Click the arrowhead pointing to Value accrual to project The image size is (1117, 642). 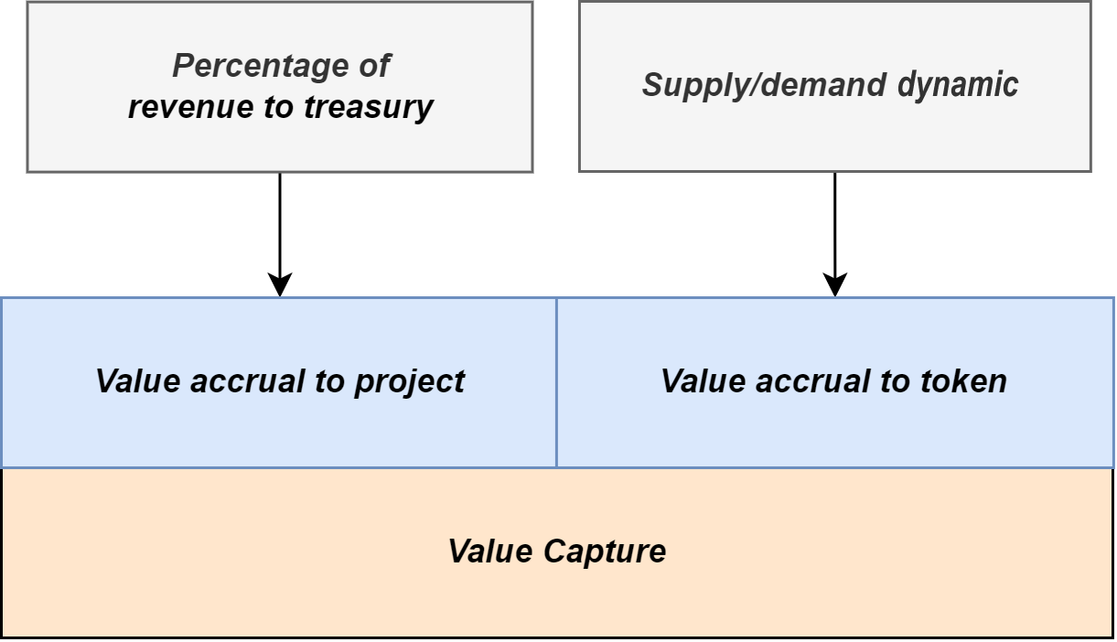click(x=280, y=285)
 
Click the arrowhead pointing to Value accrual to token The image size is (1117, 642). click(x=835, y=285)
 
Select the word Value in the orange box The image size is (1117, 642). click(x=491, y=552)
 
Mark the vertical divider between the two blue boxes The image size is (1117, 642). click(x=556, y=381)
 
